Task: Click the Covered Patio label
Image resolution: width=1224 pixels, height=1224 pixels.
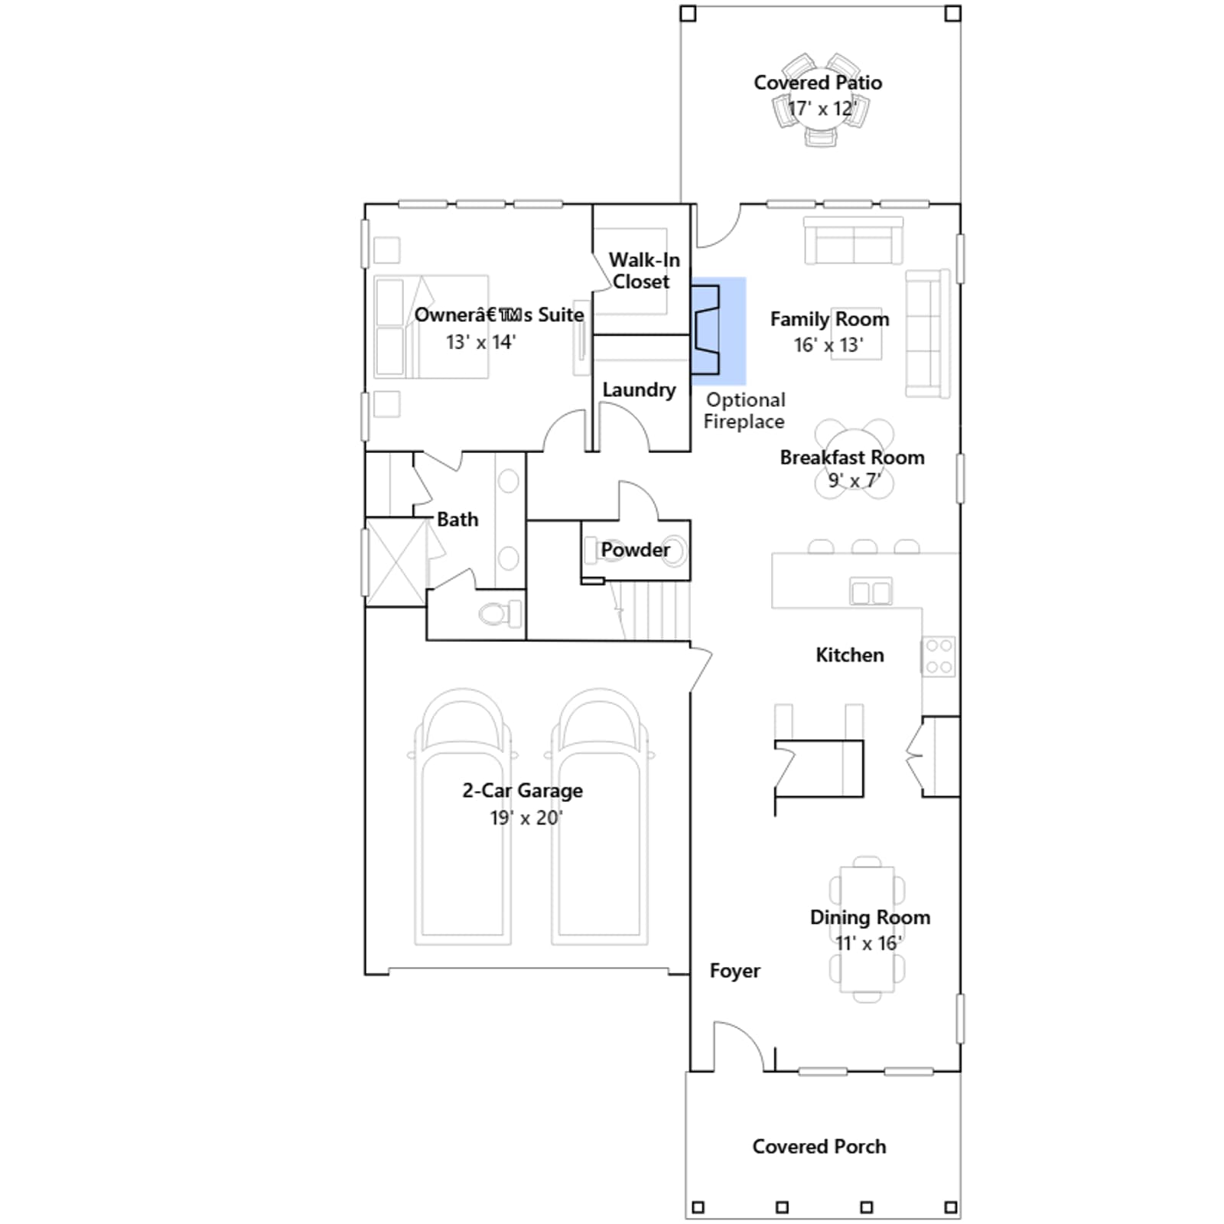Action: [x=818, y=83]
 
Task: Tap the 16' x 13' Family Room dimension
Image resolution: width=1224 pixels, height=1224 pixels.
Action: [x=828, y=345]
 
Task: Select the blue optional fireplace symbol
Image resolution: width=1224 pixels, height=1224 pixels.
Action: [x=718, y=330]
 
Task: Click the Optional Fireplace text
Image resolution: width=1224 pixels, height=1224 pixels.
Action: [x=744, y=411]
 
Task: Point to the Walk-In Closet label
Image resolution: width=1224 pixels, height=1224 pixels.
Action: [x=643, y=271]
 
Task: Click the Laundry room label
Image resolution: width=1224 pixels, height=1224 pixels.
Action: [x=639, y=390]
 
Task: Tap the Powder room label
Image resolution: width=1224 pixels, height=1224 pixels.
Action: [x=635, y=550]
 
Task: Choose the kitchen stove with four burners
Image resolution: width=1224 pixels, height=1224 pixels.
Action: [x=939, y=656]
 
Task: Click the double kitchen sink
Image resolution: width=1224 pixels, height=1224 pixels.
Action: [x=871, y=591]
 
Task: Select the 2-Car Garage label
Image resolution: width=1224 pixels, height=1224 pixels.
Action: [x=522, y=790]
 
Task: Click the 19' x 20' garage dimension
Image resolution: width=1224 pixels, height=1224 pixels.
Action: [x=526, y=818]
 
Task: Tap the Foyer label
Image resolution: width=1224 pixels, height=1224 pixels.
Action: [x=734, y=971]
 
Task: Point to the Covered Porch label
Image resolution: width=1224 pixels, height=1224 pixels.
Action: [x=819, y=1147]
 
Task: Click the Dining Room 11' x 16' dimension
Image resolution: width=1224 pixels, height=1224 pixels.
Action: [x=869, y=943]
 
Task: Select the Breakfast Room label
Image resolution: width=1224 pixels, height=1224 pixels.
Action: [x=852, y=457]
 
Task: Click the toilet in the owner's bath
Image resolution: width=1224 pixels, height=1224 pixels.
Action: [x=500, y=614]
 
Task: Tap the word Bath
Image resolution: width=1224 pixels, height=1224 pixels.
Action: [x=457, y=519]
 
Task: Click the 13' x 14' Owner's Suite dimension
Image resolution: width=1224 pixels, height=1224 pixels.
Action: [x=481, y=342]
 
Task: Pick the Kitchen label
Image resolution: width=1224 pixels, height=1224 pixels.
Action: [x=850, y=655]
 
